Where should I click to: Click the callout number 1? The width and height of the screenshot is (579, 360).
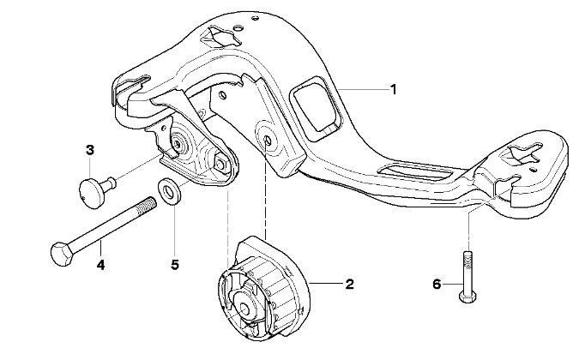coord(393,88)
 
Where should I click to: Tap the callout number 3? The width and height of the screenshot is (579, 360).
coord(89,151)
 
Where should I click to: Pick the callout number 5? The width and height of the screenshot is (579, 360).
coord(174,265)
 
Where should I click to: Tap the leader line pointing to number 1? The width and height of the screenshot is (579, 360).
coord(360,89)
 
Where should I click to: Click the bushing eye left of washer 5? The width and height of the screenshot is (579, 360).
coord(179,145)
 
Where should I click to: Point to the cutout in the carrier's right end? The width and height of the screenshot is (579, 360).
coord(521,154)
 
